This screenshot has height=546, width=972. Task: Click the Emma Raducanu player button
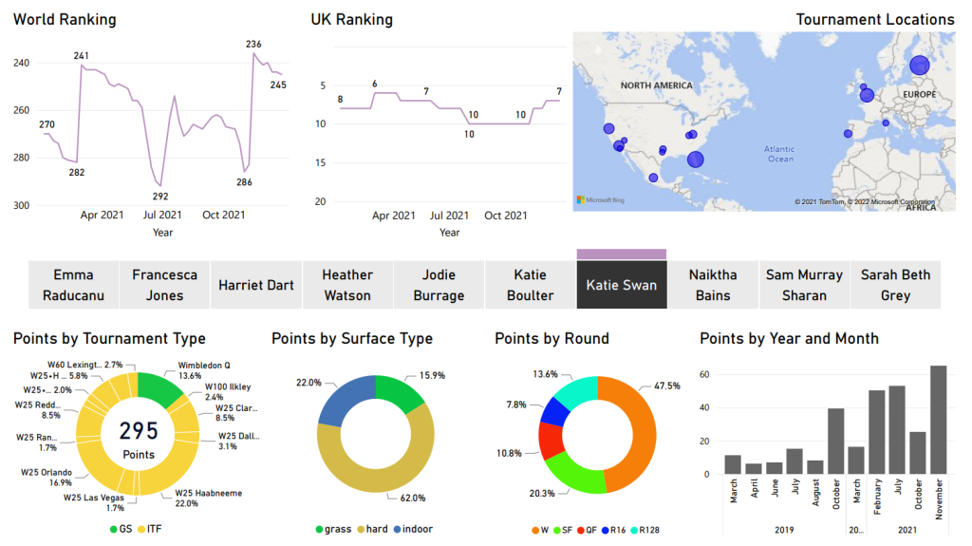(73, 285)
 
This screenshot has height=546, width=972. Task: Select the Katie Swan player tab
(621, 285)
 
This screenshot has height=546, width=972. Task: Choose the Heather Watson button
(347, 285)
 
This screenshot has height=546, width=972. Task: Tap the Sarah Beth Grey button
(894, 285)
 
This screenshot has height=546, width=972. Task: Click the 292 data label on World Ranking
(160, 197)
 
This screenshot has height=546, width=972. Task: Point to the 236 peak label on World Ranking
(253, 45)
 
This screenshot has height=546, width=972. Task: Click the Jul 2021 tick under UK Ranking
(449, 216)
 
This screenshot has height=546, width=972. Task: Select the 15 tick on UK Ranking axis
(320, 162)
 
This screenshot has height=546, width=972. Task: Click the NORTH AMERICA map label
(656, 85)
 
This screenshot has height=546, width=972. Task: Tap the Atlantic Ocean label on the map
(779, 154)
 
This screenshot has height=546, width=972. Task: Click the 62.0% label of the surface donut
(413, 498)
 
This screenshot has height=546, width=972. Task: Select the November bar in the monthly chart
(938, 419)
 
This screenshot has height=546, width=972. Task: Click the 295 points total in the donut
(139, 432)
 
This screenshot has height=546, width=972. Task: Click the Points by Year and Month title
(789, 338)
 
